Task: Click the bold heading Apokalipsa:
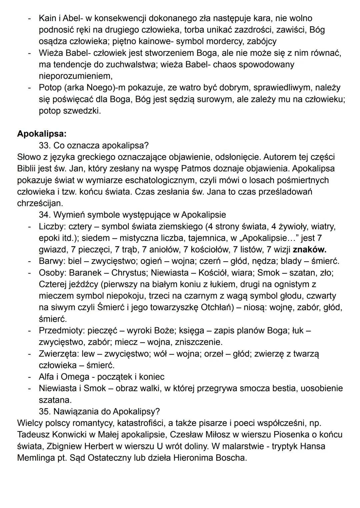tap(42, 134)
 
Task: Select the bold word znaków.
tap(309, 250)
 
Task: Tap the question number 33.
tap(44, 146)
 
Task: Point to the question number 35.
tap(44, 411)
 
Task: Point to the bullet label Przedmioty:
tap(62, 330)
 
